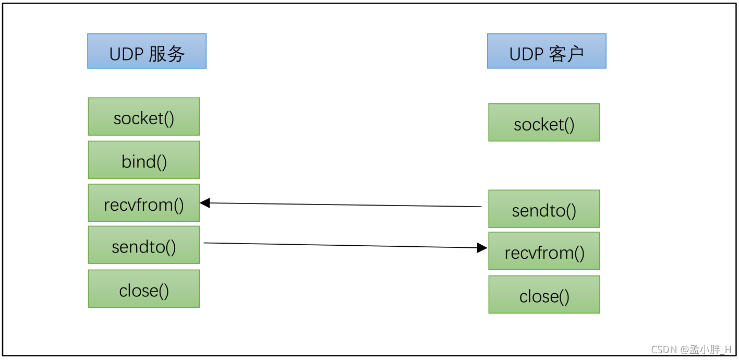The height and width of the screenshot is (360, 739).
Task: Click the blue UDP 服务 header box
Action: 147,51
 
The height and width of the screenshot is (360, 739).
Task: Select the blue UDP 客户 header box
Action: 547,51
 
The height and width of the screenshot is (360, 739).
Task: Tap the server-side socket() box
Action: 144,117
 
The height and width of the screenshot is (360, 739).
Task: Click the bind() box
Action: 144,160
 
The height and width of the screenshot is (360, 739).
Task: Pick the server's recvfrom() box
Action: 144,203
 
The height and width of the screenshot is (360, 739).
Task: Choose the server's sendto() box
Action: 144,245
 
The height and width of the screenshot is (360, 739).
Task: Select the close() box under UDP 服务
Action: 144,289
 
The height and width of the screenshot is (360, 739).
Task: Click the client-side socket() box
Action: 544,123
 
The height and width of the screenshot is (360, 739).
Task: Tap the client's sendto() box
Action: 544,209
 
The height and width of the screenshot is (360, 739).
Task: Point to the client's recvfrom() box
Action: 544,251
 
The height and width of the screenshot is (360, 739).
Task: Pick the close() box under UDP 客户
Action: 544,295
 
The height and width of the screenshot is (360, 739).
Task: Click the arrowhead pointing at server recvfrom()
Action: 205,203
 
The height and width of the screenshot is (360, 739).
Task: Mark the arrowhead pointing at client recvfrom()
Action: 482,248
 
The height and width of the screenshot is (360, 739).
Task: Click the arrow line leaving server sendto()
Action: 339,245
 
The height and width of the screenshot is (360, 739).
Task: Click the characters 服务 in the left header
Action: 167,53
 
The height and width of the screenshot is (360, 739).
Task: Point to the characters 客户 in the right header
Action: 567,53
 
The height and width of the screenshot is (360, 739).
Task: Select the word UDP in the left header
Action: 126,54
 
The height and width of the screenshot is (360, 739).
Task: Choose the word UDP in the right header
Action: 526,54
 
